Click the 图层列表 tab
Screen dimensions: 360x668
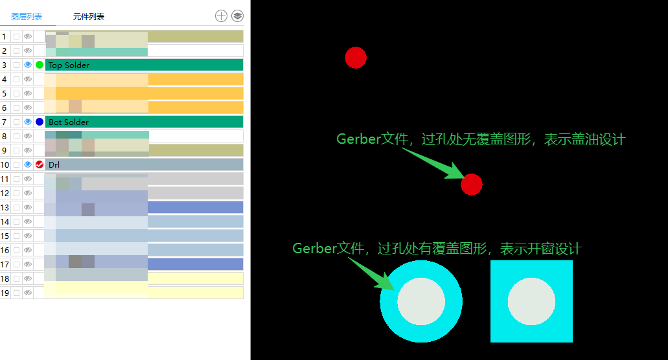click(27, 16)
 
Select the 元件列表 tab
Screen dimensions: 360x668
click(89, 16)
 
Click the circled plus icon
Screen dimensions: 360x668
click(221, 16)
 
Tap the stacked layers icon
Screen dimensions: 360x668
click(238, 16)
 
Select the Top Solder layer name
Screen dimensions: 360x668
click(69, 65)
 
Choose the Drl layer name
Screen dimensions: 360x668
click(54, 164)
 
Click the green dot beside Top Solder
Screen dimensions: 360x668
click(40, 65)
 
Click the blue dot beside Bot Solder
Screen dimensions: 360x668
click(40, 122)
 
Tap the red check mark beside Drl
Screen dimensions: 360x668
click(40, 164)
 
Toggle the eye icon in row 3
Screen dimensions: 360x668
click(28, 65)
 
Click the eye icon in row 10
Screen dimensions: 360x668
click(28, 164)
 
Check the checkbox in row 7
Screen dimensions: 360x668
click(16, 122)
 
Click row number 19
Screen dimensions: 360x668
click(5, 293)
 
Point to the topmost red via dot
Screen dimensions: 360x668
click(356, 58)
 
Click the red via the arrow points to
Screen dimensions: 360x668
click(472, 185)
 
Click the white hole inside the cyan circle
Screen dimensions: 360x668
click(421, 302)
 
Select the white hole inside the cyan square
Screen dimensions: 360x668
click(531, 302)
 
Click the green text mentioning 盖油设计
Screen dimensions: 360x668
click(481, 139)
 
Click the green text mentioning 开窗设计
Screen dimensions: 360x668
click(437, 249)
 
